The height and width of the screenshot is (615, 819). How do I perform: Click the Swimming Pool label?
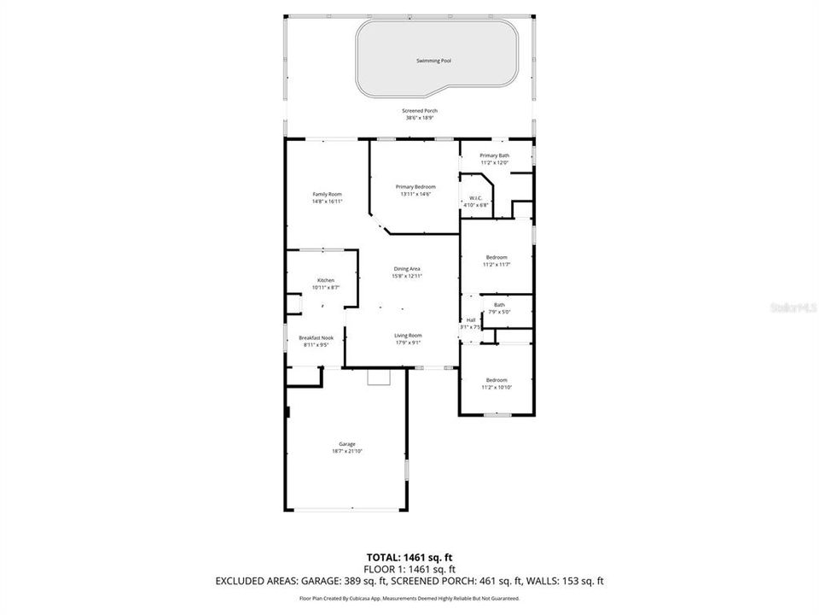[433, 61]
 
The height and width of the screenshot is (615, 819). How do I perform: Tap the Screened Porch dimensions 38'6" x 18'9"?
[420, 118]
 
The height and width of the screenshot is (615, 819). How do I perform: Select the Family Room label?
[327, 195]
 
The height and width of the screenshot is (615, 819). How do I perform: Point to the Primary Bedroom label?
[415, 187]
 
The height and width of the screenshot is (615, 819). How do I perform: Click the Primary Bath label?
[494, 155]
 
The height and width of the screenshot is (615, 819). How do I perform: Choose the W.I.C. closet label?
[476, 198]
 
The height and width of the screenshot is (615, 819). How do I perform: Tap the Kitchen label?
[326, 281]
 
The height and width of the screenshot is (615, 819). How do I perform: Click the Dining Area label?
[406, 269]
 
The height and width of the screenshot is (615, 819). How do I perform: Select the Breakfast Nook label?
[315, 338]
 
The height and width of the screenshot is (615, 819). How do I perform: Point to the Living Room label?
[408, 336]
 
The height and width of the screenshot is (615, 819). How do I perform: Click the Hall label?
[471, 320]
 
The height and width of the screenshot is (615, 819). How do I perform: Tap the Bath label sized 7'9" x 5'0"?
[499, 305]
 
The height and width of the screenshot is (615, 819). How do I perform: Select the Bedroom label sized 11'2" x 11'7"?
[497, 257]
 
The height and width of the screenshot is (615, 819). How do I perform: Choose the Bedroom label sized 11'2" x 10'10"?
[497, 380]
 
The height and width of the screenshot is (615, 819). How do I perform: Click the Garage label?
[347, 444]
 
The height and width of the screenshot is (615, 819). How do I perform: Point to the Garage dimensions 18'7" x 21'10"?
[347, 451]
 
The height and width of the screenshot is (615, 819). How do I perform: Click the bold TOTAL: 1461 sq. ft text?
[409, 558]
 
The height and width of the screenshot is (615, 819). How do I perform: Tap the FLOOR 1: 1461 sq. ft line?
[409, 569]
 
